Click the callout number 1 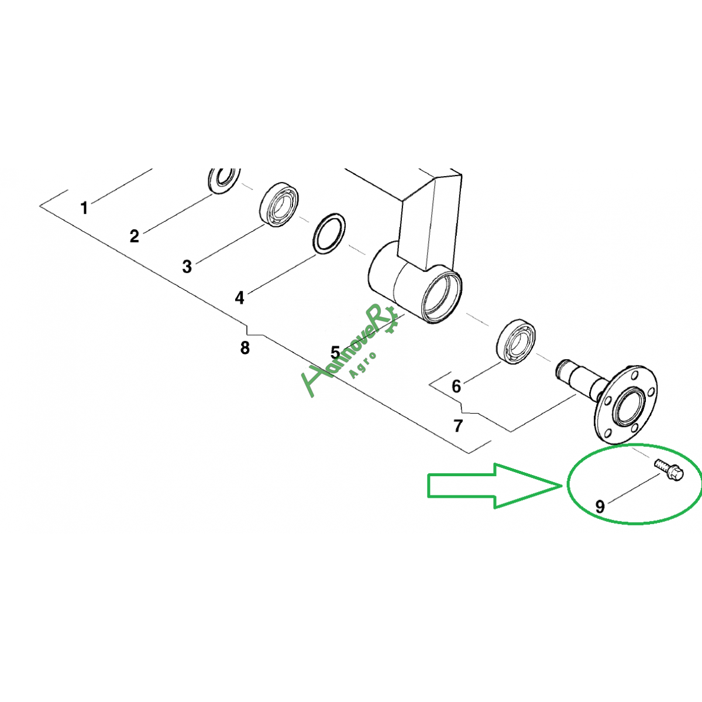[84, 208]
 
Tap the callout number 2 [135, 236]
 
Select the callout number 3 [187, 267]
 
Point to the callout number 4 [239, 298]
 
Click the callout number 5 [335, 352]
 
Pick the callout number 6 [456, 386]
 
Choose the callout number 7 [458, 426]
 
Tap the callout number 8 [245, 348]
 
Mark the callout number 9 [600, 507]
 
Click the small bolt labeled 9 [669, 470]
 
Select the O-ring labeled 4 [329, 233]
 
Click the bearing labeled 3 [279, 204]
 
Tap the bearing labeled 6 [516, 341]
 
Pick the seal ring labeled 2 [223, 180]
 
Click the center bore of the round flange [629, 406]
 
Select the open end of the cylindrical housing [442, 297]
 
